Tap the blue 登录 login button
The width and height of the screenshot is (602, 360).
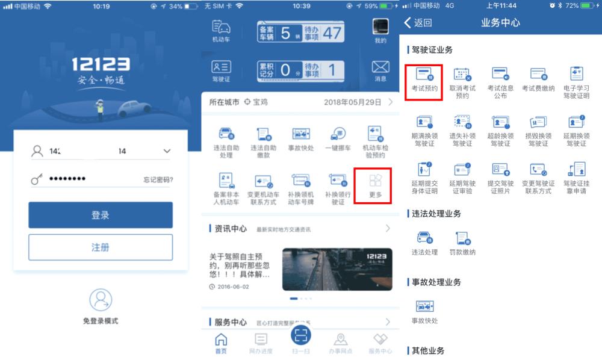tap(101, 215)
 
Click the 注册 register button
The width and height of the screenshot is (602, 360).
tap(101, 247)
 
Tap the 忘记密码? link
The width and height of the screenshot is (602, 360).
tap(158, 179)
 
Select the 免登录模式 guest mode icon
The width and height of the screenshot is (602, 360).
tap(101, 300)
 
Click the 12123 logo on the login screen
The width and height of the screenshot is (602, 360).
tap(101, 64)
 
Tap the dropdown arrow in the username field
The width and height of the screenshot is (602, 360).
tap(167, 151)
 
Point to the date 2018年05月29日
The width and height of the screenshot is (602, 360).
tap(352, 102)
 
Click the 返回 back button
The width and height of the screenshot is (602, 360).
tap(418, 23)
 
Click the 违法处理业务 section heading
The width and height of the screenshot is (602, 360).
tap(436, 213)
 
